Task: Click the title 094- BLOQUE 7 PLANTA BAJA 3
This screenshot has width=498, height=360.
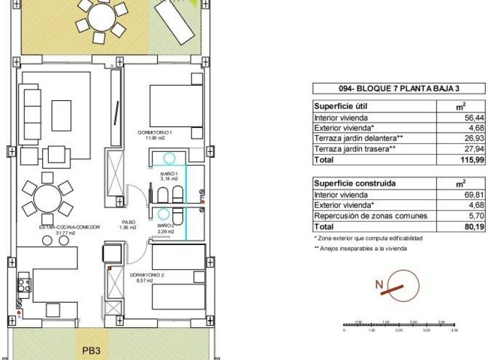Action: (x=399, y=89)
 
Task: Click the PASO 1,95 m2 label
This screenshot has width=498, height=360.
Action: (x=129, y=225)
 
